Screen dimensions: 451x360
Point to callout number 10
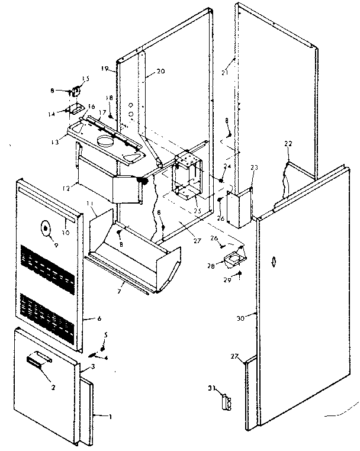pyautogui.click(x=66, y=233)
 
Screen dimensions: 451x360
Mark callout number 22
pyautogui.click(x=288, y=144)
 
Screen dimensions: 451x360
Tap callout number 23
pyautogui.click(x=255, y=168)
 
